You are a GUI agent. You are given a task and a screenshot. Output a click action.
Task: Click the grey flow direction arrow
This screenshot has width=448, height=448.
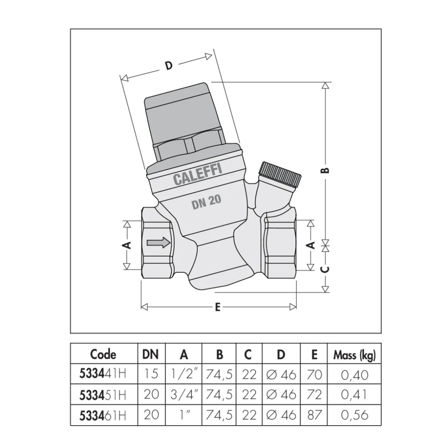point(158,243)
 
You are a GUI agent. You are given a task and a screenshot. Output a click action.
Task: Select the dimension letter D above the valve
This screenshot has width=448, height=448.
point(169,66)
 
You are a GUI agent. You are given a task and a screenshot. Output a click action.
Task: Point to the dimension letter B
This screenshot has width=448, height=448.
point(326,170)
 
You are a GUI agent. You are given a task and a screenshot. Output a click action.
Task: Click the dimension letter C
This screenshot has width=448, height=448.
point(326,269)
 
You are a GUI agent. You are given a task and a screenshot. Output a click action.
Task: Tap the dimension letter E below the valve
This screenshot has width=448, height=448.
point(218,307)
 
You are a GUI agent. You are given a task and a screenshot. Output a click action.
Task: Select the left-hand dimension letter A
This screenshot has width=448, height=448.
point(128,245)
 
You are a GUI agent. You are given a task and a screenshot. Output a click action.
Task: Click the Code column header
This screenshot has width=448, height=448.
point(103,354)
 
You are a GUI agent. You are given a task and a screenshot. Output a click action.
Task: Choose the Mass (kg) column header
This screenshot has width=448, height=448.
point(354,355)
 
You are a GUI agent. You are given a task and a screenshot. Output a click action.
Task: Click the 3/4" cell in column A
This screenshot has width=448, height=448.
point(184,394)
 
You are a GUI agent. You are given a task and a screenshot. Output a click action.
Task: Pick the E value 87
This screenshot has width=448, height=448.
point(314,415)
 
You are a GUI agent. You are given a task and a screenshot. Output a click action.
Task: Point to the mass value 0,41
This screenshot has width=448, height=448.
point(354,394)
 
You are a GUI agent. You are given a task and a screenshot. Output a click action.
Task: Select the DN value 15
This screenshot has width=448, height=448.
point(151,374)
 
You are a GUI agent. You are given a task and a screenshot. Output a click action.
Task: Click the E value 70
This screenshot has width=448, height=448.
point(314,374)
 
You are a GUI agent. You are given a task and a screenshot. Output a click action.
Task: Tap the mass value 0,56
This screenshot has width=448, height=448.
point(354,415)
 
